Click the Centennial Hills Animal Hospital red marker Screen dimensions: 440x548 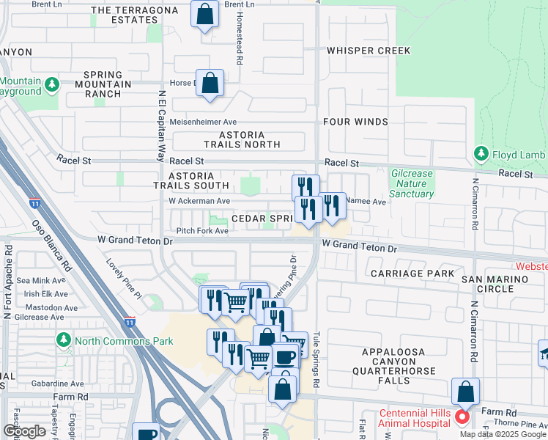click(462, 418)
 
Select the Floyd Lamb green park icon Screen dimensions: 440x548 click(481, 154)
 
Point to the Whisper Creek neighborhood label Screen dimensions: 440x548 click(369, 51)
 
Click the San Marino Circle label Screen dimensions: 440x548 click(494, 285)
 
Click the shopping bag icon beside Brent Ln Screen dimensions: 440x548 click(205, 12)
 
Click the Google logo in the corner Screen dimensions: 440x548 click(24, 431)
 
